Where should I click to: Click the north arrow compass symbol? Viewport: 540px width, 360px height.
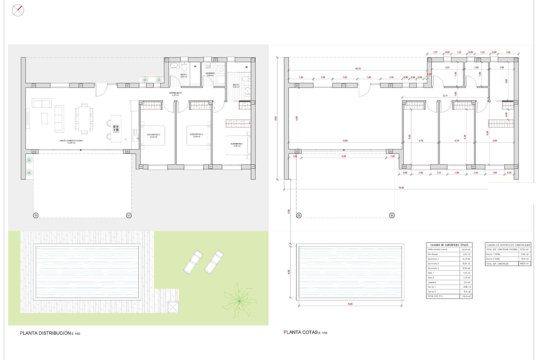click(18, 10)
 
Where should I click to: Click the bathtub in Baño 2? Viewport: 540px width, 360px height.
click(174, 65)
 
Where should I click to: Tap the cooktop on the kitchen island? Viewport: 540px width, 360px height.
click(116, 129)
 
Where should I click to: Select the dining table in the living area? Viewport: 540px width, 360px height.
click(84, 118)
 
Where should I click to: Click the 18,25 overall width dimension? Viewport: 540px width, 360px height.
click(401, 188)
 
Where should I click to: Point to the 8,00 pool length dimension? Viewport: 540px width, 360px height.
click(350, 304)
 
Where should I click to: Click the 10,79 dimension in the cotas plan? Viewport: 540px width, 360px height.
click(358, 69)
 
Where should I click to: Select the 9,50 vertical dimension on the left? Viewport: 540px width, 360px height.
click(276, 118)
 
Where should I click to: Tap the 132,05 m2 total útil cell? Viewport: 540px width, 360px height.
click(466, 296)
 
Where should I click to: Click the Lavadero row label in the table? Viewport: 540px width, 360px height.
click(432, 282)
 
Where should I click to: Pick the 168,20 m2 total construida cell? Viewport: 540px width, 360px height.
click(525, 264)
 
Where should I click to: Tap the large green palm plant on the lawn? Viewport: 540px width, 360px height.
click(239, 301)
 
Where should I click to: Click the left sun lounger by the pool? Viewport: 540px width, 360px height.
click(193, 262)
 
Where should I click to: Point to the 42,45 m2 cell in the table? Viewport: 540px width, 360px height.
click(466, 249)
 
